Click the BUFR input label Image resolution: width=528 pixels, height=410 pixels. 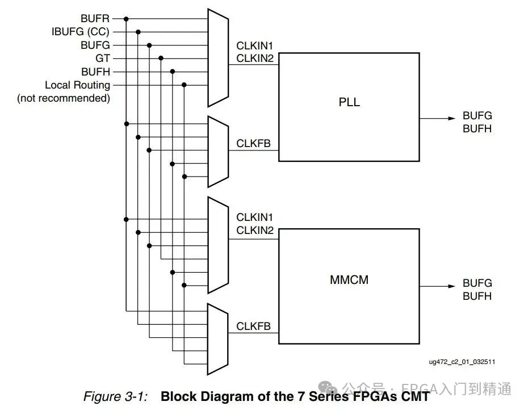95,19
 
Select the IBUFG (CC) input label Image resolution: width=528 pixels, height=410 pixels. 81,32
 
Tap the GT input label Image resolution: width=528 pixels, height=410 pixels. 103,58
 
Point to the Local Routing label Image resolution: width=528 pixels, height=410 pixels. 78,85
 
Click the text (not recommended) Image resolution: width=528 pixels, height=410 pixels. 64,98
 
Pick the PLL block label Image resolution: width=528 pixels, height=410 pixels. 349,103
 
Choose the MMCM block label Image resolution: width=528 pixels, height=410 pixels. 349,279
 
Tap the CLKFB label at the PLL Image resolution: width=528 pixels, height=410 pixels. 254,144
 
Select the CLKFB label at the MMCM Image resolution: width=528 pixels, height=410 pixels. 254,327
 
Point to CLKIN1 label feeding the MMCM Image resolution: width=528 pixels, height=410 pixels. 255,217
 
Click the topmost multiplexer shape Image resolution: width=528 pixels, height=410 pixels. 217,57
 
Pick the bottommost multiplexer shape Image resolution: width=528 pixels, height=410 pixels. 217,339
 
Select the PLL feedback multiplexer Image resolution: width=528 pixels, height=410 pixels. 217,152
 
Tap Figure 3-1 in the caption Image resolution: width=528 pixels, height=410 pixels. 116,396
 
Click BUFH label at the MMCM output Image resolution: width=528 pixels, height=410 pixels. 477,296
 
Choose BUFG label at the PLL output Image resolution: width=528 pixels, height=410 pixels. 477,116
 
